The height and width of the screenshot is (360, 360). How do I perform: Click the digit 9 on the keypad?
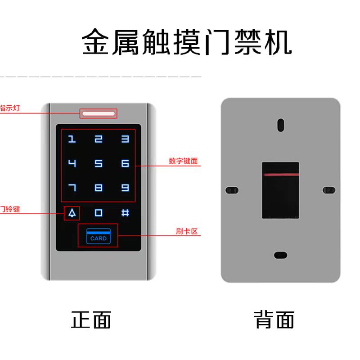pyautogui.click(x=125, y=188)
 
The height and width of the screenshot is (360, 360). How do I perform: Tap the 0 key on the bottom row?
pyautogui.click(x=99, y=213)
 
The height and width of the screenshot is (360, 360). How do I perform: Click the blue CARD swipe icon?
pyautogui.click(x=98, y=235)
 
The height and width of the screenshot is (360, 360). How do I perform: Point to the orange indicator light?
pyautogui.click(x=98, y=113)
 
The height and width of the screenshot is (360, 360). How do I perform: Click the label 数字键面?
pyautogui.click(x=183, y=161)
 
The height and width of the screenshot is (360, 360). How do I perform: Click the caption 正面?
pyautogui.click(x=91, y=320)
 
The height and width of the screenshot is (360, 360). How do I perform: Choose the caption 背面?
pyautogui.click(x=274, y=320)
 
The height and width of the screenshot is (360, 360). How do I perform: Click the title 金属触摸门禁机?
pyautogui.click(x=187, y=43)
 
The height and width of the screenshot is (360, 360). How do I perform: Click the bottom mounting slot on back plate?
pyautogui.click(x=280, y=255)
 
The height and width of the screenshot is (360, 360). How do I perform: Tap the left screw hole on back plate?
pyautogui.click(x=231, y=190)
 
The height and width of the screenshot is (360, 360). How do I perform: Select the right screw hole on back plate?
pyautogui.click(x=329, y=190)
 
